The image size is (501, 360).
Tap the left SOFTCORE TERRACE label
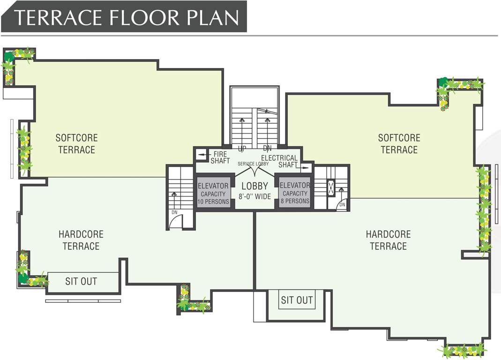tap(76, 144)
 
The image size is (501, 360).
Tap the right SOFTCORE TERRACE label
tap(399, 144)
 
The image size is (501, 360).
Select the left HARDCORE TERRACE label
tap(81, 240)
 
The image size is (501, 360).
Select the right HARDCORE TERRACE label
tap(388, 240)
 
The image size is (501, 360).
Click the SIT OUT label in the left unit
tap(81, 281)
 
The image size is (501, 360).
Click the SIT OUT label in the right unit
tap(297, 300)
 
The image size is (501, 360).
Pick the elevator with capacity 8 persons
tap(295, 193)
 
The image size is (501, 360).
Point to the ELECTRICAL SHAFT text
tap(280, 161)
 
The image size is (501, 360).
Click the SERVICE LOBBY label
tap(253, 164)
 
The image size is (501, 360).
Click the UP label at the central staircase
tap(242, 149)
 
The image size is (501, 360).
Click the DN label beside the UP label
tap(267, 149)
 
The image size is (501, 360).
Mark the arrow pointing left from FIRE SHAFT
tap(202, 154)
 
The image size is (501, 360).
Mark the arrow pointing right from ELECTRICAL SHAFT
tap(305, 166)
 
